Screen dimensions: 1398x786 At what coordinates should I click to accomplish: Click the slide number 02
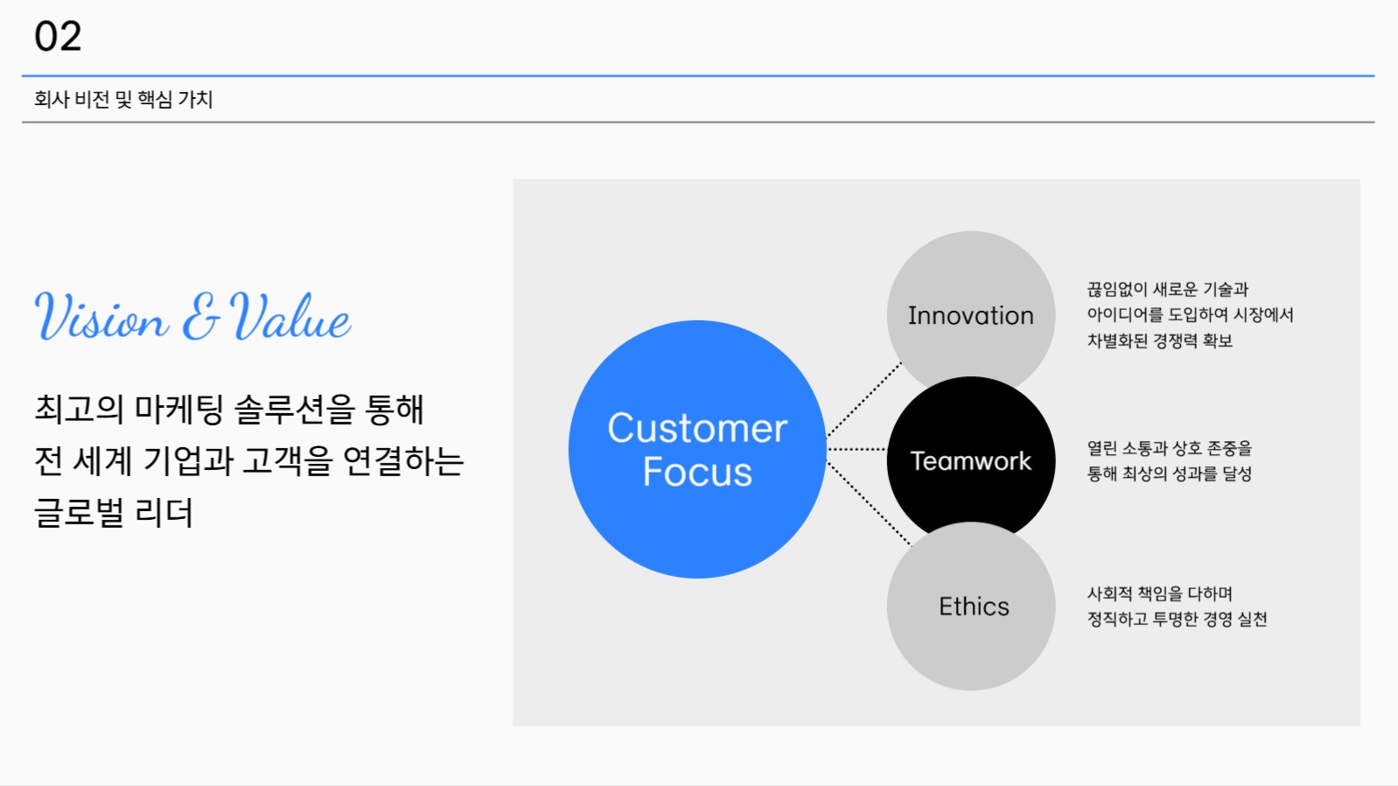[x=58, y=36]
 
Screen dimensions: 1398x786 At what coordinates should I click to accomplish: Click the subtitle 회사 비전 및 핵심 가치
[x=123, y=99]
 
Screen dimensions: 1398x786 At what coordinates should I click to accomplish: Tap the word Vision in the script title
[x=101, y=316]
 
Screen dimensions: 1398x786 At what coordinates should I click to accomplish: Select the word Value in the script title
[x=290, y=316]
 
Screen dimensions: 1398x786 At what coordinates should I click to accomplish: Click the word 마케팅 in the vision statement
[x=178, y=410]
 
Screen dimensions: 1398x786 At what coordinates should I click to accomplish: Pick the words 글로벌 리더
[x=114, y=513]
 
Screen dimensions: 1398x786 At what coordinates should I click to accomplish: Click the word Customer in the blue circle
[x=697, y=428]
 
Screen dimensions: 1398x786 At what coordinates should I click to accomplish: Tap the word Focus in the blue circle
[x=697, y=472]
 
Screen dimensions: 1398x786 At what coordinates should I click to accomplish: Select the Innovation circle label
[x=970, y=315]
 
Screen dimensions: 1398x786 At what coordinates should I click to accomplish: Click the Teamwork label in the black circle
[x=970, y=460]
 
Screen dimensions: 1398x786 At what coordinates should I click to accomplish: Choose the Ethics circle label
[x=974, y=607]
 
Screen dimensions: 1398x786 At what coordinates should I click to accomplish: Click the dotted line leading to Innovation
[x=864, y=399]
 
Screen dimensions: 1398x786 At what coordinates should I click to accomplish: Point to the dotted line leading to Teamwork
[x=856, y=449]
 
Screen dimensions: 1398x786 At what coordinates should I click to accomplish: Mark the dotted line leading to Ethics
[x=869, y=503]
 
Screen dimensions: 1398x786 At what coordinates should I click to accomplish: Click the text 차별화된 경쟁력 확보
[x=1159, y=340]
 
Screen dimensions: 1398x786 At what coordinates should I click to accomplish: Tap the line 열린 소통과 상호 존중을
[x=1170, y=448]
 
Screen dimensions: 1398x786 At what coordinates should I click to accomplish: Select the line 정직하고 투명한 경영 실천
[x=1177, y=620]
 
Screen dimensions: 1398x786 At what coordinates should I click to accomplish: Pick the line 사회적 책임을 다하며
[x=1159, y=593]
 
